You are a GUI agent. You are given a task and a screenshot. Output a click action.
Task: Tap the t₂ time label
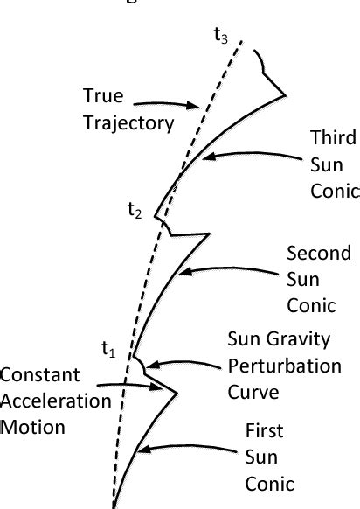(x=134, y=210)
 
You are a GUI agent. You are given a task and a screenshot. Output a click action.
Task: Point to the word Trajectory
(x=128, y=122)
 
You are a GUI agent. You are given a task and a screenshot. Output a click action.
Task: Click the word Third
(x=333, y=137)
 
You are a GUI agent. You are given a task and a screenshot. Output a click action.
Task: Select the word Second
(x=319, y=253)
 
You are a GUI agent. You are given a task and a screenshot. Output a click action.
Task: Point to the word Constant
(x=39, y=375)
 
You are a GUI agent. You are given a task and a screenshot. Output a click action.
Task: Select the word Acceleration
(x=55, y=401)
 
